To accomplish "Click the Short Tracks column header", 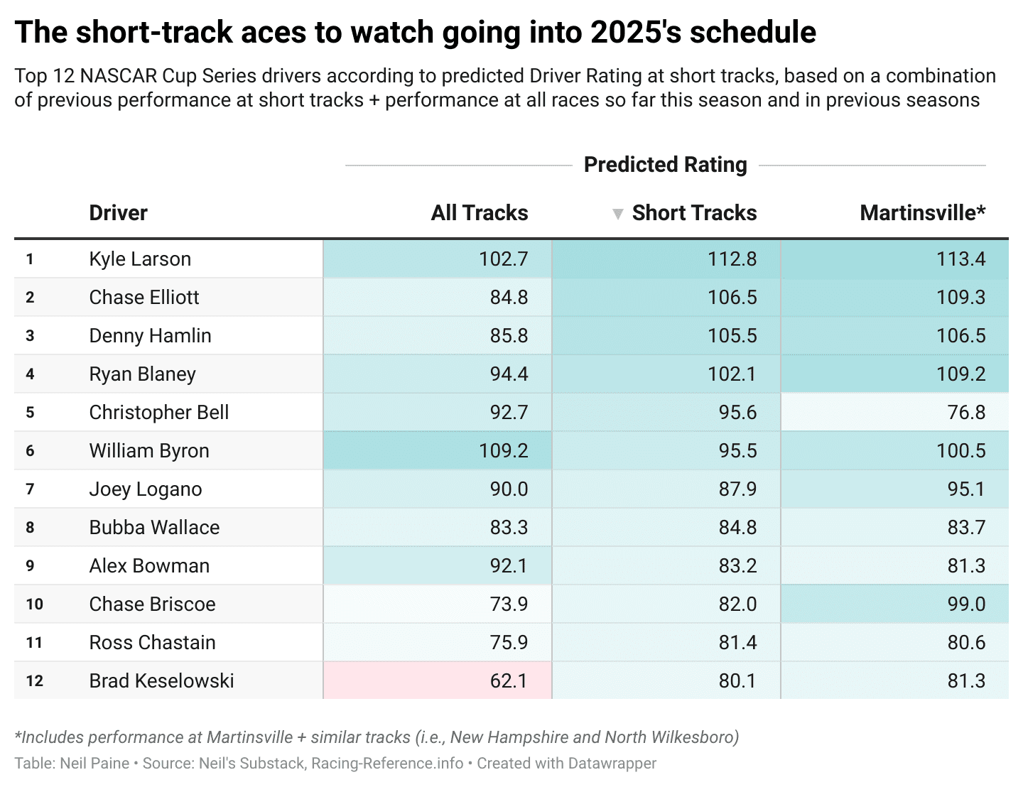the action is [x=694, y=213].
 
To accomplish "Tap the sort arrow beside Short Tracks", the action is [x=617, y=215].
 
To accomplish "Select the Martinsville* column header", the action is [x=922, y=213].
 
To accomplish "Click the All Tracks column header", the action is [x=480, y=213].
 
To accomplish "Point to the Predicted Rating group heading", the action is [x=665, y=165].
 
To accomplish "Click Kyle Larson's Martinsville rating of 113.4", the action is [x=960, y=259].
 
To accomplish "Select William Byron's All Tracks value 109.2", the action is [x=503, y=450].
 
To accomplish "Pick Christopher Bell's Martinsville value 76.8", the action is [x=966, y=413].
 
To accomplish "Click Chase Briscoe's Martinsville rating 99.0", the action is [x=966, y=604].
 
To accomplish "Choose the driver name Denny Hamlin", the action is [x=150, y=335].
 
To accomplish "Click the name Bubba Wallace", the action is [x=154, y=527].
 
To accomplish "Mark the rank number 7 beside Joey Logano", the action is [x=30, y=489].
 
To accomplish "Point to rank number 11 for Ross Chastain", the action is [x=34, y=643].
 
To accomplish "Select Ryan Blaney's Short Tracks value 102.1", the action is [x=732, y=374].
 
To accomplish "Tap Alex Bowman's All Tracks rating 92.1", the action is [x=509, y=565].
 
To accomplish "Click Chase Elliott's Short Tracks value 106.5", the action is [x=732, y=297].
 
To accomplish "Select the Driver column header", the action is [x=118, y=213].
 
